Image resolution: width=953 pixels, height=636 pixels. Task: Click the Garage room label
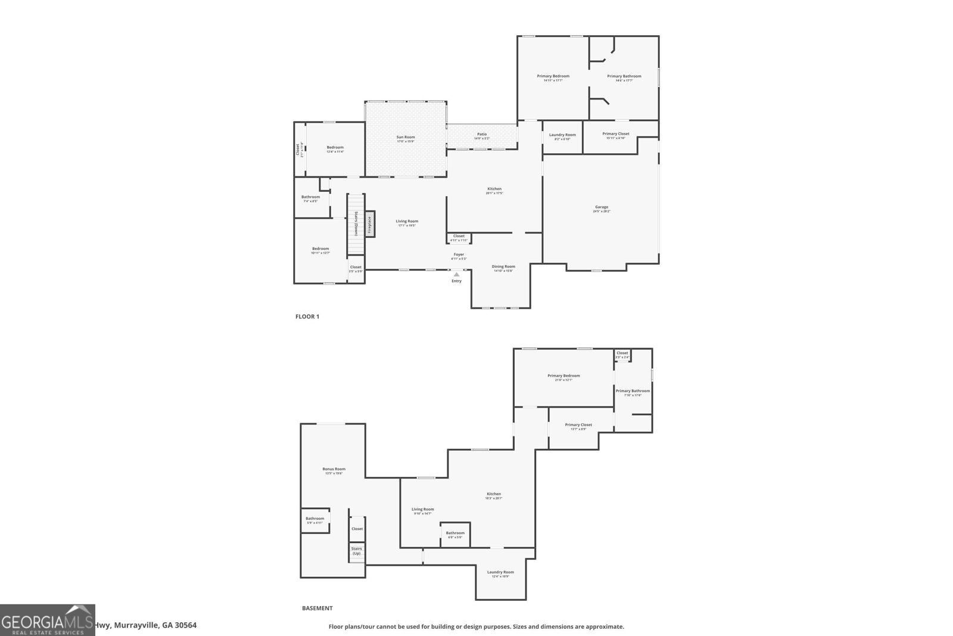pos(601,207)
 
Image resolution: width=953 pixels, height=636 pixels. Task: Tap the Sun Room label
pos(406,138)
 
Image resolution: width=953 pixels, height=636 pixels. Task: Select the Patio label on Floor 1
pos(482,135)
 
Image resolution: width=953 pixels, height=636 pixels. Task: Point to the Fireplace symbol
pos(370,224)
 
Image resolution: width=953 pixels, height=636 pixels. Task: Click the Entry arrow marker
pos(456,274)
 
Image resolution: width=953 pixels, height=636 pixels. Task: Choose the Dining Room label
pos(503,267)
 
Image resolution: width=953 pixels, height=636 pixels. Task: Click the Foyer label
pos(459,255)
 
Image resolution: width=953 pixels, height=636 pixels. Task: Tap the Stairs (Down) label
pos(356,224)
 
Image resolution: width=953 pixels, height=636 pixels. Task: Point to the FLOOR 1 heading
pos(307,317)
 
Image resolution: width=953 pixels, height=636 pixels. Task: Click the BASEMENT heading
pos(317,609)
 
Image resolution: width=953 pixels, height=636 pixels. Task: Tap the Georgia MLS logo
pos(47,620)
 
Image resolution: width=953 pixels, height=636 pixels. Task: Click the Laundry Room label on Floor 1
pos(562,135)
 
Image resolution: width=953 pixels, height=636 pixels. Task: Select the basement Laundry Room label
pos(500,572)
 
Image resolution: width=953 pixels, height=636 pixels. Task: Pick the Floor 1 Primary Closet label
pos(615,134)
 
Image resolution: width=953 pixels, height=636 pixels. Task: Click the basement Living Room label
pos(423,510)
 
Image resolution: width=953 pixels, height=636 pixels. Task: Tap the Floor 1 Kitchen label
pos(494,190)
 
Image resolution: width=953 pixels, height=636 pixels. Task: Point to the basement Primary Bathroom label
pos(633,392)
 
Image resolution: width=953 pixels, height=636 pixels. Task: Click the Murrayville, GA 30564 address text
pos(146,625)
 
